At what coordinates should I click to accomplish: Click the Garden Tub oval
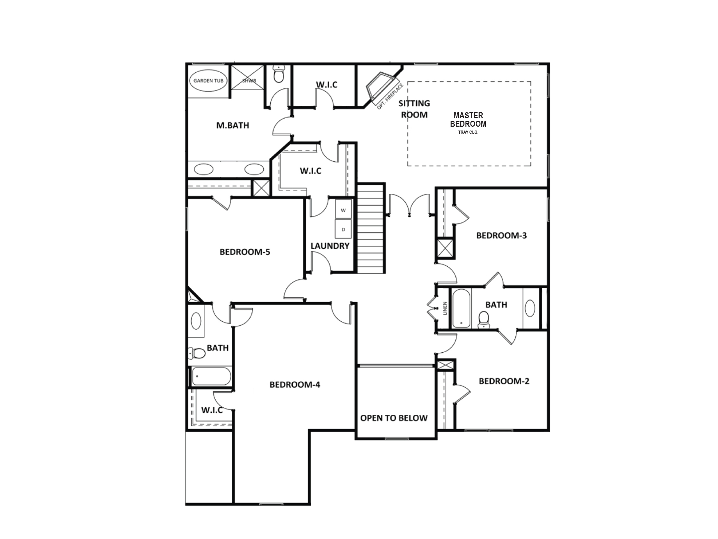coord(208,81)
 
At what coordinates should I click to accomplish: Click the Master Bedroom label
coord(468,120)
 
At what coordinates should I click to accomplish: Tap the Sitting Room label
coord(414,109)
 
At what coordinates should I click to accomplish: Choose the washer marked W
coord(343,210)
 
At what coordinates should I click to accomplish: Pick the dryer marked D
coord(343,229)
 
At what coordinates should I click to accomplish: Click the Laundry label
coord(330,246)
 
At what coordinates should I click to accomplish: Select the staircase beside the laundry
coord(371,228)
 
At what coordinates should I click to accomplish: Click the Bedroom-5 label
coord(245,252)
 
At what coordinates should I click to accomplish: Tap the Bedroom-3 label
coord(501,235)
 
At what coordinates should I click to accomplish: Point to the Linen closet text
coord(445,308)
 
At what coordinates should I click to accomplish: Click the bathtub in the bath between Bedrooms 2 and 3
coord(461,308)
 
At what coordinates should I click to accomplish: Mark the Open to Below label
coord(394,418)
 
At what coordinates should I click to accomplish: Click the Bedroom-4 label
coord(294,385)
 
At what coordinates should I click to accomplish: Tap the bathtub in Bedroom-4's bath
coord(211,377)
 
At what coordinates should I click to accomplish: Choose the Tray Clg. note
coord(468,132)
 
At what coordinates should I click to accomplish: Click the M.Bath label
coord(232,125)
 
